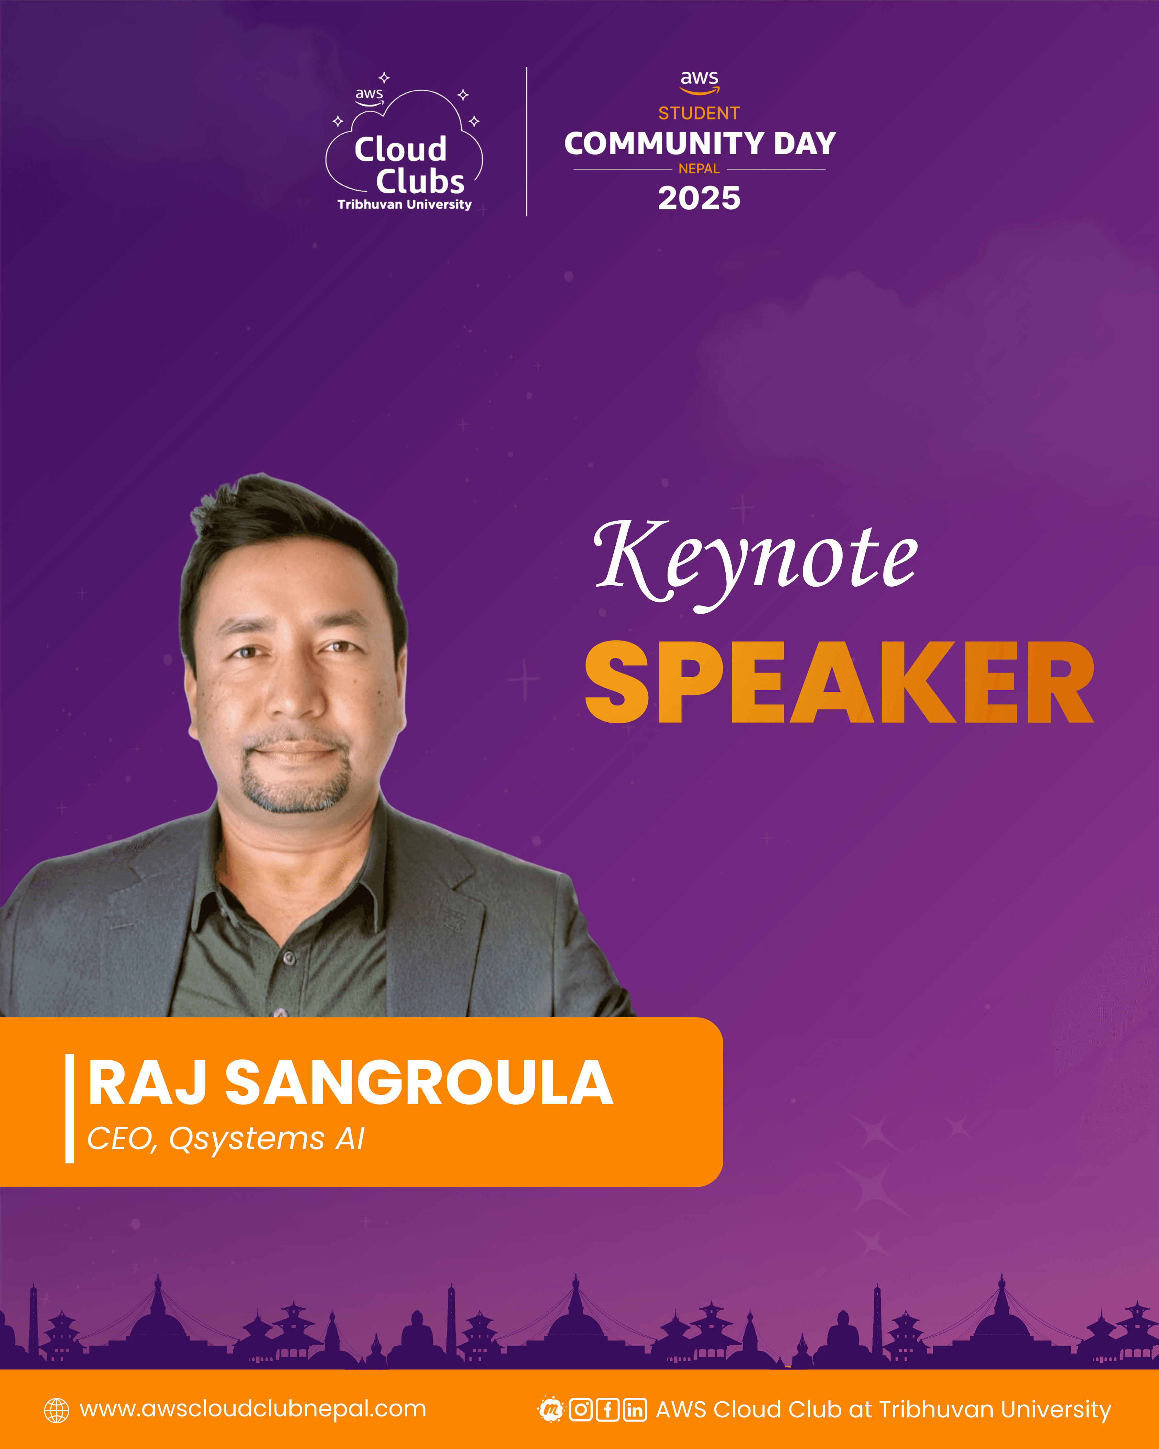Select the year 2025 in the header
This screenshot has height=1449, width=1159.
point(699,198)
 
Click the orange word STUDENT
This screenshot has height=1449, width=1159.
point(699,113)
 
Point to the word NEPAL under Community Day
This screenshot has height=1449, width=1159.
point(699,169)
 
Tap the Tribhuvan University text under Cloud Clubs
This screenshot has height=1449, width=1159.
point(405,204)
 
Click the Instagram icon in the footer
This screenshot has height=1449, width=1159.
point(580,1410)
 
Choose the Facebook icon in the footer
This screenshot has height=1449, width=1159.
point(607,1410)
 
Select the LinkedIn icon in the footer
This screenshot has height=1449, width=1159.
point(634,1410)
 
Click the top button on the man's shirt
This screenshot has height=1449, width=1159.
point(289,957)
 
